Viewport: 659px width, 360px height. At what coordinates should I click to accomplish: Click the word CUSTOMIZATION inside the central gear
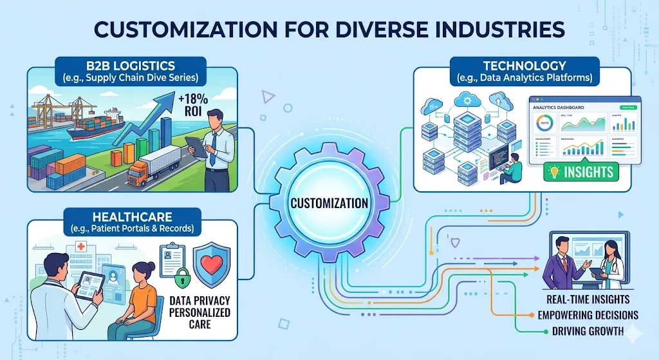[329, 203]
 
